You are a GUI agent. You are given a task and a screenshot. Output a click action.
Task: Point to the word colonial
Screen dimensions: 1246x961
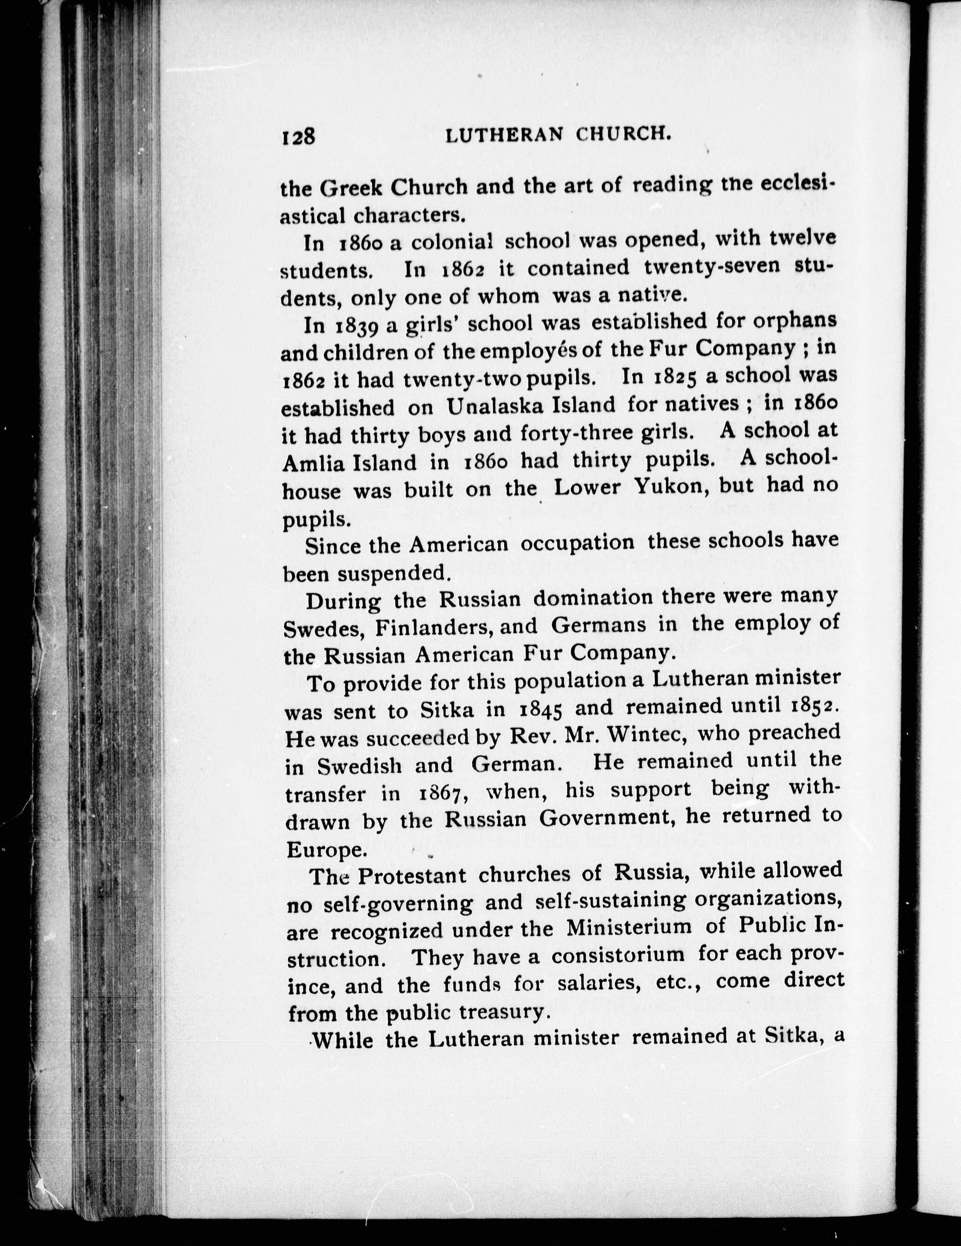(x=451, y=242)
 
